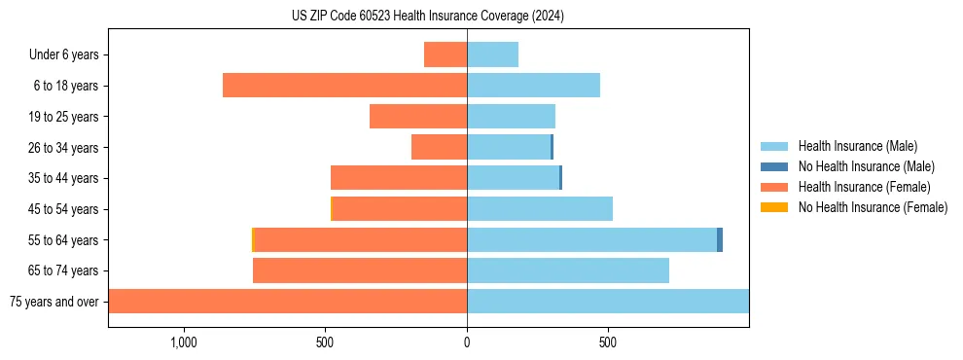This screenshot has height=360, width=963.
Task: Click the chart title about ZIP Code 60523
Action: click(x=428, y=16)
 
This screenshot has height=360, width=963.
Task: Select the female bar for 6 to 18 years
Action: click(x=344, y=86)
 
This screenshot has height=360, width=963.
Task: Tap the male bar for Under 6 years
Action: click(x=492, y=54)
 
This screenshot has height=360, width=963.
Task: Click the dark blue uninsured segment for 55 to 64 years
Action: click(x=720, y=239)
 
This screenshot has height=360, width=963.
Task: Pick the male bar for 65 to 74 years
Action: click(x=568, y=270)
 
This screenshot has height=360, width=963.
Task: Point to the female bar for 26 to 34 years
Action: click(x=439, y=147)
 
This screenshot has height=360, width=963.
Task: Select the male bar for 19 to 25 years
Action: click(x=511, y=117)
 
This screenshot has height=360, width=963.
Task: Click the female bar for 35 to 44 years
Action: click(x=399, y=178)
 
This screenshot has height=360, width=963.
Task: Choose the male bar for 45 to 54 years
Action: click(x=540, y=209)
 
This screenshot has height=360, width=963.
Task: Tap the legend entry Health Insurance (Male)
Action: click(x=857, y=147)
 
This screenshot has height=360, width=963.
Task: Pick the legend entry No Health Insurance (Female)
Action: click(x=873, y=207)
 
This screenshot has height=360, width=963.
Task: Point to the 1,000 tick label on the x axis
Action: click(x=184, y=343)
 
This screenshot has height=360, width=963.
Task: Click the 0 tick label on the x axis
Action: click(x=467, y=343)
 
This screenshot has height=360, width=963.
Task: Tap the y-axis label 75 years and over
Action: click(x=54, y=302)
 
